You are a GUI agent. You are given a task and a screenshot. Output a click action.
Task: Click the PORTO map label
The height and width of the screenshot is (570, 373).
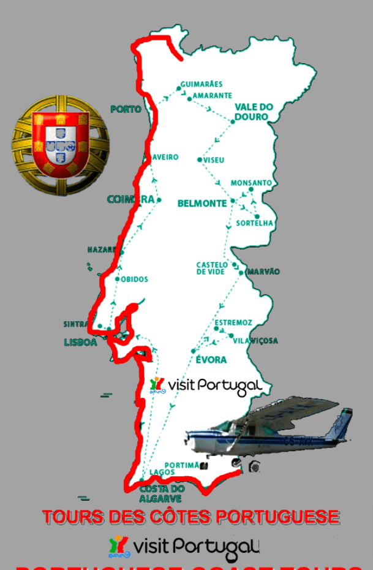coord(126,109)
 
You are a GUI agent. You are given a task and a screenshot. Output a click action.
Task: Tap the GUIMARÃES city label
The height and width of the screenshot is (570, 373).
coord(202,84)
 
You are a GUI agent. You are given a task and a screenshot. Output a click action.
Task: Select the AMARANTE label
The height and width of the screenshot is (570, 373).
coord(213,96)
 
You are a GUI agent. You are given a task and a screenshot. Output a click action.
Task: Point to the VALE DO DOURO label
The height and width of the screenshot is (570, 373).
coord(253,112)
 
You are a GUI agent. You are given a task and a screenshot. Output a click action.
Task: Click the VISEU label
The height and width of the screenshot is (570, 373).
coord(214,160)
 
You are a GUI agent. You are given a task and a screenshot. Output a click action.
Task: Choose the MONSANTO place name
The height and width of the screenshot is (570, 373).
coord(251,183)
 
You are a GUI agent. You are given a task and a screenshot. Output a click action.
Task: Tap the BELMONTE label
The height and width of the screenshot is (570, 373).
coord(202,203)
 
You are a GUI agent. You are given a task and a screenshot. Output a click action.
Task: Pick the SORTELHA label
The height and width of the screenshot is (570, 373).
coord(255,223)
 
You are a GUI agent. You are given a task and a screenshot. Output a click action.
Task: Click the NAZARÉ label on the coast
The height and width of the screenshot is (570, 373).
coord(102,250)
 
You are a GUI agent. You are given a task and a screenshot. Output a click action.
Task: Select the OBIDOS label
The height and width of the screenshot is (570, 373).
coord(135,279)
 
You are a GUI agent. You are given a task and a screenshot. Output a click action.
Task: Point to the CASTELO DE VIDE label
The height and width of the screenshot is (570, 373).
coord(211,268)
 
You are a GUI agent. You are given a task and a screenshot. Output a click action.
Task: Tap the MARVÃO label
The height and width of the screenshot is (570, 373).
coord(263,272)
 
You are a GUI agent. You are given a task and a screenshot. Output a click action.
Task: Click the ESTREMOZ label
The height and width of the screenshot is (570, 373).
coord(233,322)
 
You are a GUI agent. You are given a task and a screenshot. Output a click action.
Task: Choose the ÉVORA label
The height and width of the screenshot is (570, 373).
coord(211,360)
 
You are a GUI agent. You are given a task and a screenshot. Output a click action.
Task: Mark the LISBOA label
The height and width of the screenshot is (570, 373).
coord(80,343)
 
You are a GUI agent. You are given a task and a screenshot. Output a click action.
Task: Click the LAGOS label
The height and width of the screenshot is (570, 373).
coord(162,473)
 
